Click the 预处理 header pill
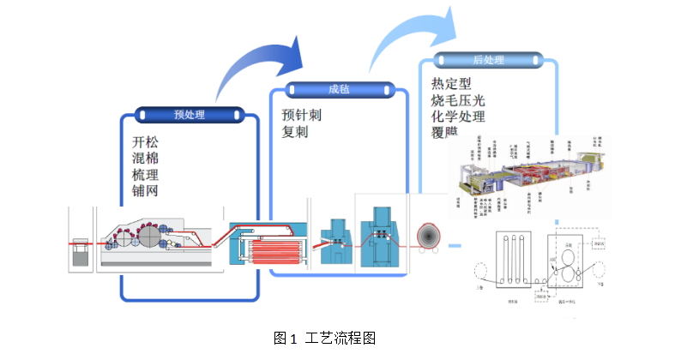coord(189,114)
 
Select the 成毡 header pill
coord(339,88)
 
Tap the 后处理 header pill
coord(488,61)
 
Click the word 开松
coord(146,141)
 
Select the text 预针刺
coord(302,115)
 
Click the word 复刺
coord(295,132)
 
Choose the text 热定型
coord(452,84)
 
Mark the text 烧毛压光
coord(459,100)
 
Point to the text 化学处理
coord(459,117)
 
